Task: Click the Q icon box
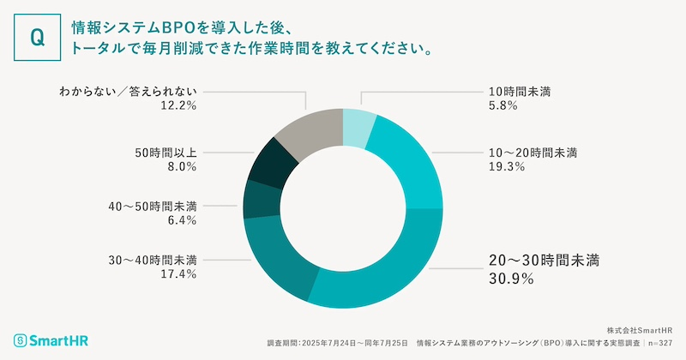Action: pos(37,37)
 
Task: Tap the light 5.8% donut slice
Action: pos(358,126)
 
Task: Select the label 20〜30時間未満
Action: pos(535,259)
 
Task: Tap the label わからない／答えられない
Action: pos(129,91)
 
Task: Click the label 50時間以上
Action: pos(166,153)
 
